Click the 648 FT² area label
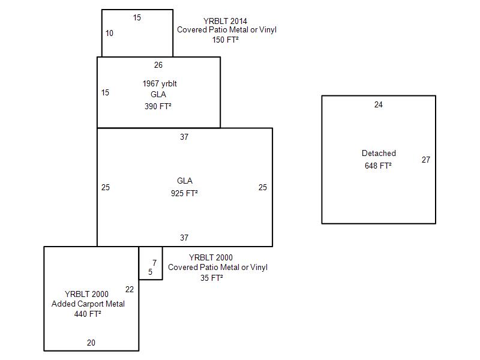click(378, 166)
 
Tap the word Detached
click(379, 154)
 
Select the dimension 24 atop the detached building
click(378, 105)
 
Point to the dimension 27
click(425, 160)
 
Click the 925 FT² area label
click(184, 193)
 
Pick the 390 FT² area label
click(158, 106)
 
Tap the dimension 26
click(158, 65)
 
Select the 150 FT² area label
click(226, 40)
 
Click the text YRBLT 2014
click(226, 20)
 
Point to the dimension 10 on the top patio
click(109, 33)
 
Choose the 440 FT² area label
click(88, 314)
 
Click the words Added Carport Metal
click(88, 304)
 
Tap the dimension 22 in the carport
click(130, 289)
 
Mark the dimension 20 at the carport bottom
click(91, 343)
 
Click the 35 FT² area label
click(212, 278)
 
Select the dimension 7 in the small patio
click(154, 263)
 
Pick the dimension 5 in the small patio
click(150, 272)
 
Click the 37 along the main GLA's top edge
click(184, 137)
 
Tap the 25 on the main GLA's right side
click(262, 187)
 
